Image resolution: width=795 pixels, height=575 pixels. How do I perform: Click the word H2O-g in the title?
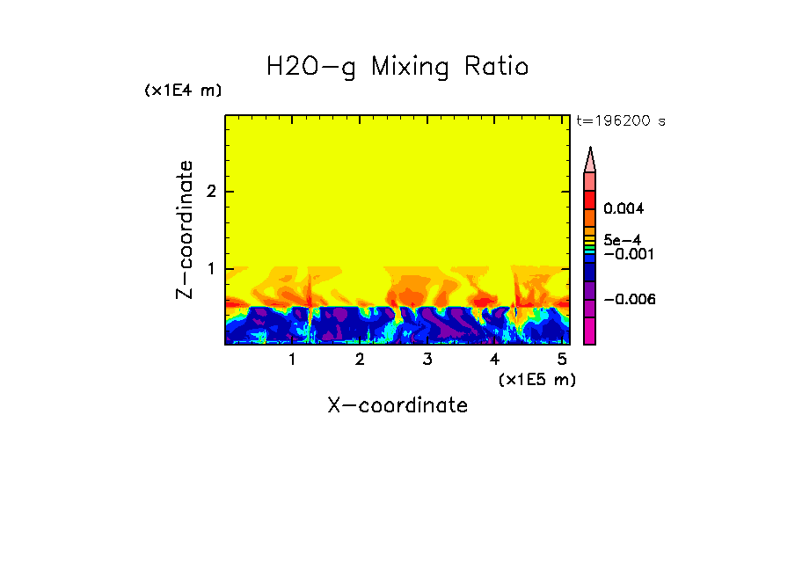click(311, 67)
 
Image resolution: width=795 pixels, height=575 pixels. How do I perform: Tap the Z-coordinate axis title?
click(185, 229)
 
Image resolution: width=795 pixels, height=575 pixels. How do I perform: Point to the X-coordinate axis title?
click(397, 405)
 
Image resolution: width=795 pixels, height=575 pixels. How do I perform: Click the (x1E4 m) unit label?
click(183, 91)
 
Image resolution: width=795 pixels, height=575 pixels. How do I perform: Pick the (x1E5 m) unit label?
click(536, 379)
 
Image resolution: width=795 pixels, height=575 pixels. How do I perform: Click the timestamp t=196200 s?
click(620, 121)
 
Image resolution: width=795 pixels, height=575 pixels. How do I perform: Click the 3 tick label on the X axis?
click(427, 359)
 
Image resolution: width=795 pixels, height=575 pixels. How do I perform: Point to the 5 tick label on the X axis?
click(562, 359)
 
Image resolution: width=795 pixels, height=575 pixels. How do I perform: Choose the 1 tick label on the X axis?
click(292, 359)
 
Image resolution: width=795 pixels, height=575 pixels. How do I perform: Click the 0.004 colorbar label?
click(624, 209)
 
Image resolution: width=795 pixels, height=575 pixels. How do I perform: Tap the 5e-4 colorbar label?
click(622, 239)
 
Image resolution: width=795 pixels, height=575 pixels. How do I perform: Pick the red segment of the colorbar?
click(590, 200)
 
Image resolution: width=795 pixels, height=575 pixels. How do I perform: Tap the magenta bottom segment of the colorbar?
click(590, 331)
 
